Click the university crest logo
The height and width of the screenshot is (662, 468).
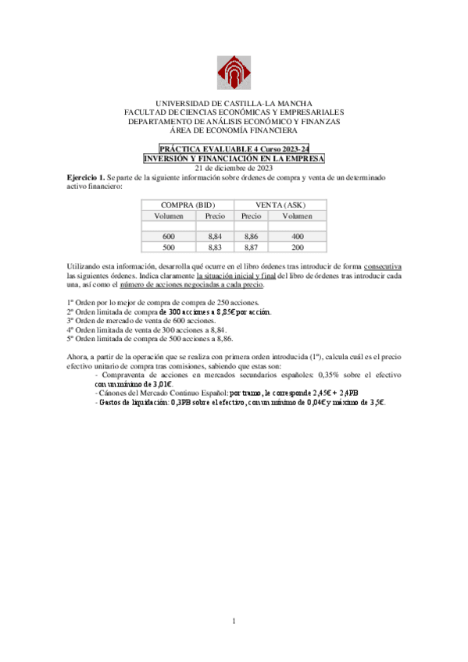coord(234,73)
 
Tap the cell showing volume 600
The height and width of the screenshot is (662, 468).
coord(170,236)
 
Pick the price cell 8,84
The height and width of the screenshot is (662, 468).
coord(215,236)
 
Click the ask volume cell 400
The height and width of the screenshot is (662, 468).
coord(297,236)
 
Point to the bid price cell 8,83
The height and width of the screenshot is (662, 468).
coord(215,247)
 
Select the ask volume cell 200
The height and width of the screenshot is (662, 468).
coord(297,247)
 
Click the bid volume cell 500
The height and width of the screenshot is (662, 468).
coord(170,247)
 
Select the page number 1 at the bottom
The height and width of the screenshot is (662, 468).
coord(234,621)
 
